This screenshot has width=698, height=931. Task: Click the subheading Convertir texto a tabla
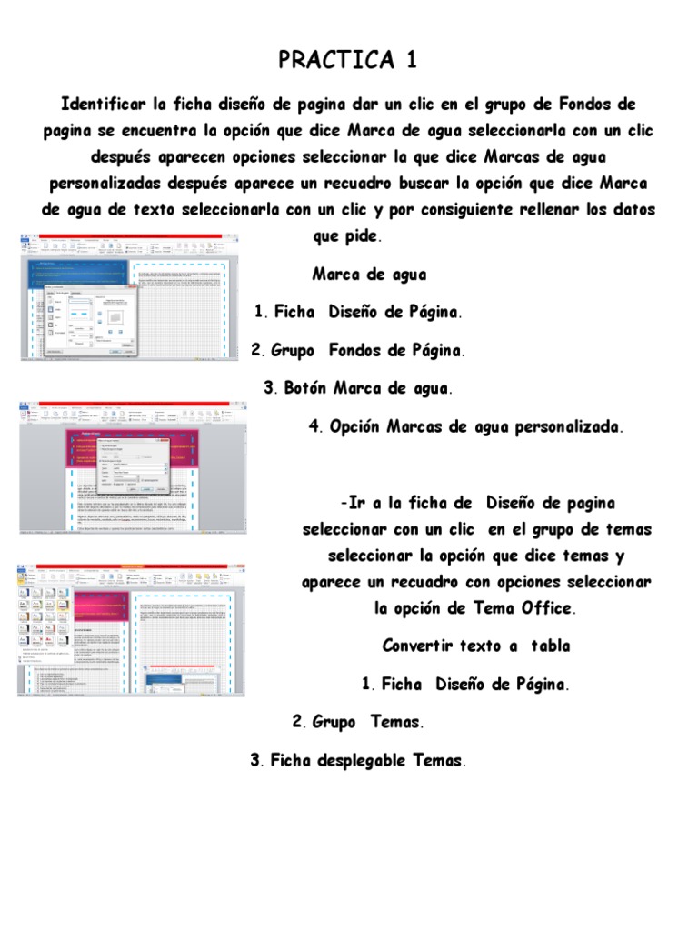(475, 646)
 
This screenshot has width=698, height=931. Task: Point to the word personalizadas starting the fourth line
(104, 182)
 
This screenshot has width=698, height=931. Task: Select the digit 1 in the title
(412, 61)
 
